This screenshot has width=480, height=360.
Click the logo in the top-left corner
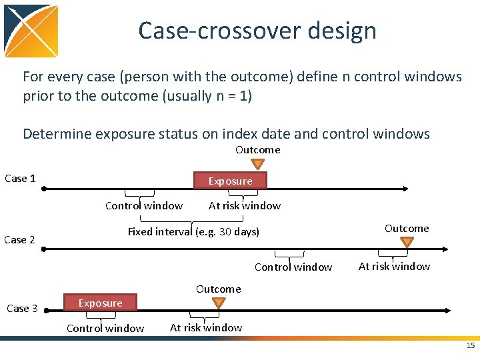coord(31,31)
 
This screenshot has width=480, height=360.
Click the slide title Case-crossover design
coord(257,31)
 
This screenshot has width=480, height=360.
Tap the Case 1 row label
coord(20,178)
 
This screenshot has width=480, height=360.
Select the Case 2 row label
coord(20,239)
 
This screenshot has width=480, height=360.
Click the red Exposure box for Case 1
coord(230,181)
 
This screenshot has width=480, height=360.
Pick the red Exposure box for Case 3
coord(100,303)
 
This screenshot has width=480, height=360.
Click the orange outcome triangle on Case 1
coord(257,165)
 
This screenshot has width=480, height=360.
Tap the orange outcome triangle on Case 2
coord(407,242)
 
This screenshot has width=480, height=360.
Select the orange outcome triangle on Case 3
coord(218,303)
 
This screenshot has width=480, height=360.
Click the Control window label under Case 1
coord(144,205)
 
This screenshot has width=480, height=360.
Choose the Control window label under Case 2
coord(293,267)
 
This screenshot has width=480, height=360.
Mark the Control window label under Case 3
coord(105,328)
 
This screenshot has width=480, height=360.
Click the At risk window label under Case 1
coord(245,205)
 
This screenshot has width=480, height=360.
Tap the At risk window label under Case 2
coord(394,266)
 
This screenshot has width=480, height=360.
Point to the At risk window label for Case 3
coord(206,327)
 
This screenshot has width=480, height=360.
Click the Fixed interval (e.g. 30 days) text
coord(193,231)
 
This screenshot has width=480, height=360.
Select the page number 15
coord(471,345)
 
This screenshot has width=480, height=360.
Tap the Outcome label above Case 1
coord(257,149)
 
